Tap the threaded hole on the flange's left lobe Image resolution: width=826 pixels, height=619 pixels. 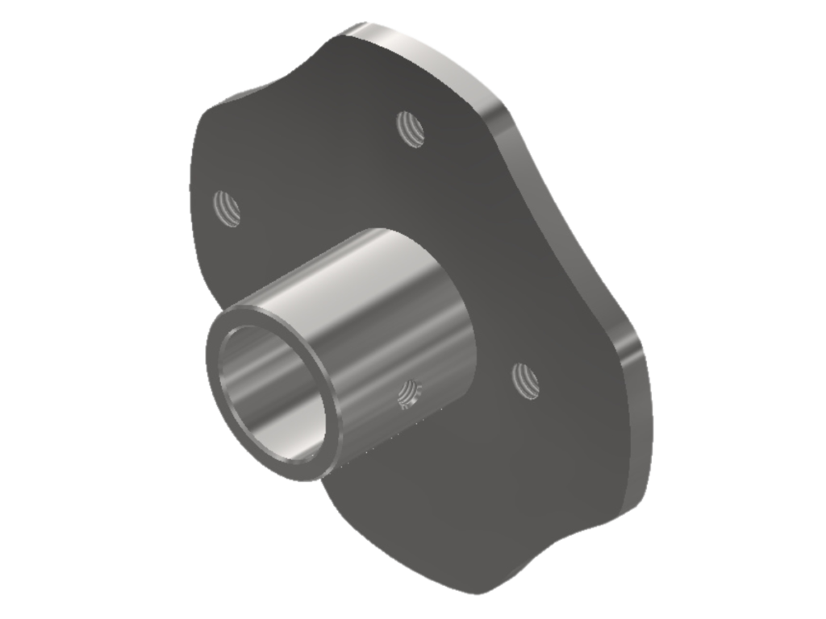click(227, 208)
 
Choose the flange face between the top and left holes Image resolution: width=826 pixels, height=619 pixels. click(315, 161)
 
